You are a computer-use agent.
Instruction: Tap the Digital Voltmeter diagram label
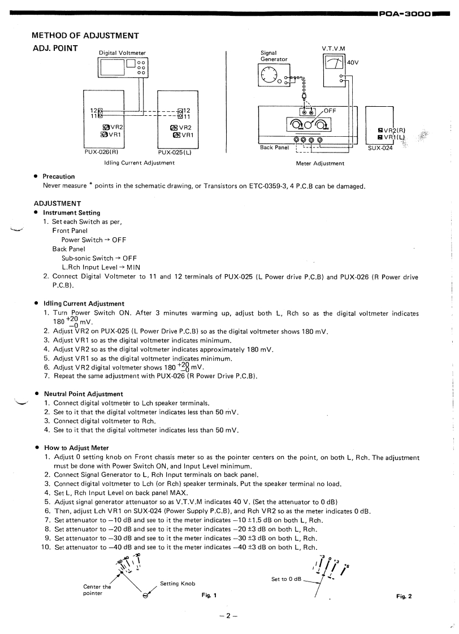122,53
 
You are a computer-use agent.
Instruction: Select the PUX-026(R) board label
101,151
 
